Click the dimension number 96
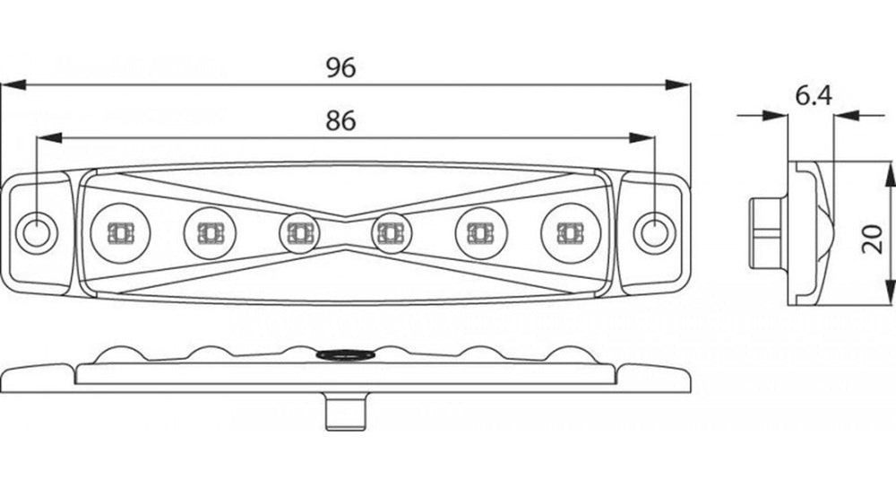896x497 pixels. click(341, 67)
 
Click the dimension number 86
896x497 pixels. click(341, 121)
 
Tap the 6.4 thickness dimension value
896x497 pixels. click(814, 96)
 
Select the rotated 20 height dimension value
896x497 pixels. click(872, 239)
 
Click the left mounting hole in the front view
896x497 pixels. click(37, 232)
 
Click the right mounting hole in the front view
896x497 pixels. click(654, 232)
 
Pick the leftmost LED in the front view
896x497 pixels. click(121, 232)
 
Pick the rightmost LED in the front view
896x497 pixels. click(570, 232)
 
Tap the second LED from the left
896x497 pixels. click(210, 232)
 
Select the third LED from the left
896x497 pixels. click(299, 232)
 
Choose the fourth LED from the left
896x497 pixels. click(392, 232)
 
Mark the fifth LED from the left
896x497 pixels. click(481, 232)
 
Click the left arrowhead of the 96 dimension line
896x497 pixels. click(13, 85)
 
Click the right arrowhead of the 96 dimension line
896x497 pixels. click(677, 85)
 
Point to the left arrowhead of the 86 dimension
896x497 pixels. click(49, 138)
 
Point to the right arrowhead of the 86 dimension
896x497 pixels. click(642, 138)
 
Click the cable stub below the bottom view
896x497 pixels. click(346, 411)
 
